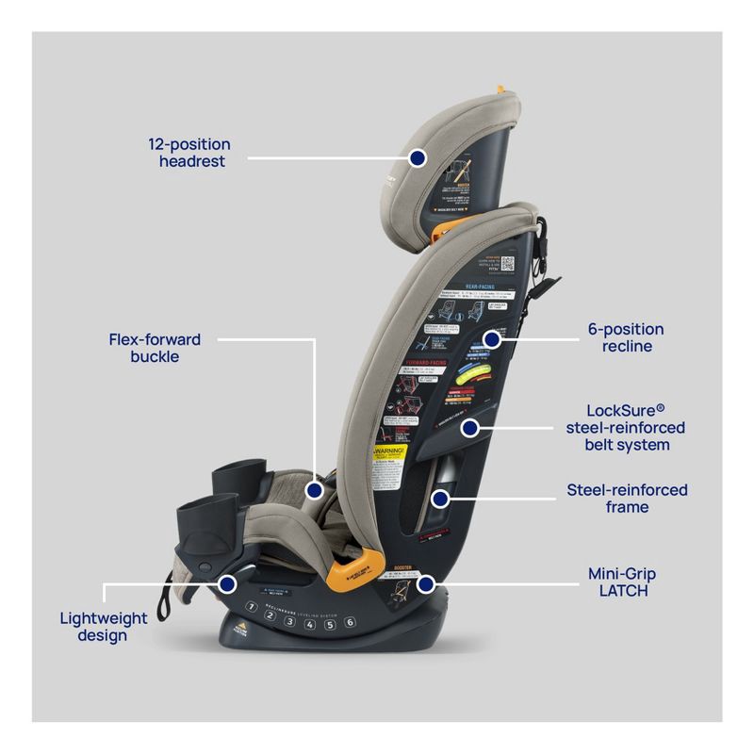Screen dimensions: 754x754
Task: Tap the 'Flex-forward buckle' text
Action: [x=155, y=348]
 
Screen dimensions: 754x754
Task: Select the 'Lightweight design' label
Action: [x=104, y=627]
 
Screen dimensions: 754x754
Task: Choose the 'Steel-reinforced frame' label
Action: [x=627, y=499]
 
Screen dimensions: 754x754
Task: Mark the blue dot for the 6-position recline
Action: [x=490, y=337]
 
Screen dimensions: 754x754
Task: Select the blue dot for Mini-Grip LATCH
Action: [x=425, y=584]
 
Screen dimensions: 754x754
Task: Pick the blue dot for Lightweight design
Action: [x=227, y=584]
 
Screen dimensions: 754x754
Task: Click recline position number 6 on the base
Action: [x=349, y=622]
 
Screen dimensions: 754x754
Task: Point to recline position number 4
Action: [x=309, y=622]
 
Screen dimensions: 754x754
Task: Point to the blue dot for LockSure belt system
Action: [x=468, y=428]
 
